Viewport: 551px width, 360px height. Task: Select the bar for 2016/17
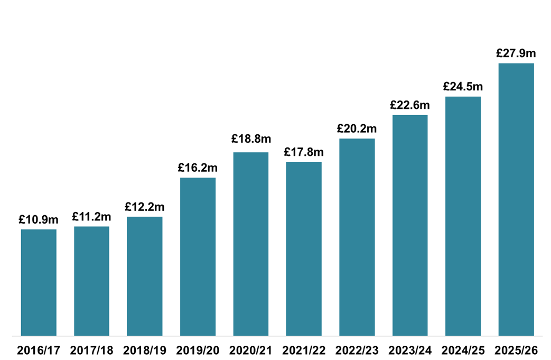(39, 282)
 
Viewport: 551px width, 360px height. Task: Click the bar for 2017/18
(91, 281)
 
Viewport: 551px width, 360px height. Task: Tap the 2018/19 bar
(145, 276)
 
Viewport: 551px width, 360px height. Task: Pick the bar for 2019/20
(198, 256)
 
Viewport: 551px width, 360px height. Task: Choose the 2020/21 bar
(251, 244)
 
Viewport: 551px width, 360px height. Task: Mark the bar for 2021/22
(304, 248)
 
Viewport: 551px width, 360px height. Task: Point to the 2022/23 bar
(357, 237)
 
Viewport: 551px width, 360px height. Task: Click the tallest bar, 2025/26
(516, 199)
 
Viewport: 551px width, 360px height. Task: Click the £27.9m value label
(516, 53)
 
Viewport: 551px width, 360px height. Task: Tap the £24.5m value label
(463, 86)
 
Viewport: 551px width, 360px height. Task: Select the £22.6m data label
(410, 105)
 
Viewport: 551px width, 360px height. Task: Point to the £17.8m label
(304, 152)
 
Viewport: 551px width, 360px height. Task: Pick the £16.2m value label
(198, 168)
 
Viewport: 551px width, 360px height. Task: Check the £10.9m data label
(39, 219)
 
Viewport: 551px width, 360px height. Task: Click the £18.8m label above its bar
(251, 139)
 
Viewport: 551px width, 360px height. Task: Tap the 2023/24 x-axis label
(410, 350)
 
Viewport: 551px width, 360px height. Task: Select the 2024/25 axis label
(463, 350)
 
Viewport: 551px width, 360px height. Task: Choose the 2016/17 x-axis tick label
(39, 350)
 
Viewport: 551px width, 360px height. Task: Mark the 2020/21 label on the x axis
(251, 350)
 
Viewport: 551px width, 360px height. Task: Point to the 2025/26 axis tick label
(516, 350)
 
